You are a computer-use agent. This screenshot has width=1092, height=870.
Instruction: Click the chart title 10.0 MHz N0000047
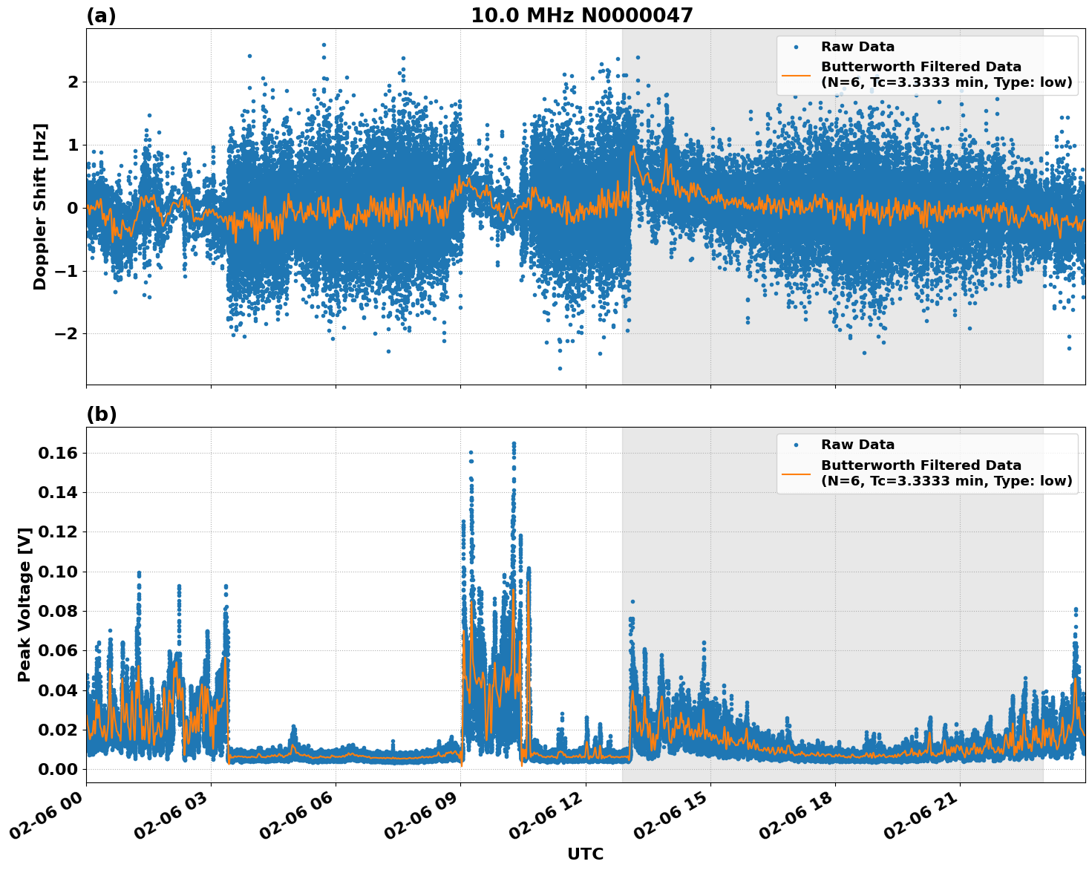click(x=581, y=16)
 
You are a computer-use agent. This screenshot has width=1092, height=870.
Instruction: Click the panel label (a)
click(x=101, y=16)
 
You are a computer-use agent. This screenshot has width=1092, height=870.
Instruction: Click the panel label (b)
click(x=101, y=414)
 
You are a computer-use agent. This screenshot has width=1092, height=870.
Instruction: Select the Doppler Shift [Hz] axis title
click(x=40, y=206)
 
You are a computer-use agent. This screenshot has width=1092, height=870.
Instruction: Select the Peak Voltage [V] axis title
click(x=25, y=604)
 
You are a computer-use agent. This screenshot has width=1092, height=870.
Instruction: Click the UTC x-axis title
click(x=585, y=854)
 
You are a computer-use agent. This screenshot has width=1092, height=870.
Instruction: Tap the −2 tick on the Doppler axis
click(x=66, y=333)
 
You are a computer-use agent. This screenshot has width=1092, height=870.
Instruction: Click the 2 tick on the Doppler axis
click(x=73, y=82)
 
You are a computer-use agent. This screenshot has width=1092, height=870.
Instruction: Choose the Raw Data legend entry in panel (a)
click(x=857, y=47)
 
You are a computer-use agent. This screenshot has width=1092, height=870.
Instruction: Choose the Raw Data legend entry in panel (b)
click(x=857, y=445)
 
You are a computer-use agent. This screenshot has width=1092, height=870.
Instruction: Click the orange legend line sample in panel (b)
click(x=796, y=473)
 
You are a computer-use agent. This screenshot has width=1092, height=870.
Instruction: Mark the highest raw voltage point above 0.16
click(x=514, y=443)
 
